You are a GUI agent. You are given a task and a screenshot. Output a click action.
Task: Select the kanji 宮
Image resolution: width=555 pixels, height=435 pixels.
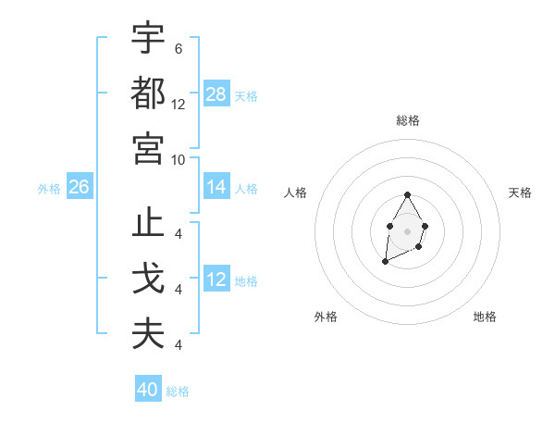pos(148,147)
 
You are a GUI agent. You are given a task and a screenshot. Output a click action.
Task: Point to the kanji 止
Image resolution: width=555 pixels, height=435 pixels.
pos(148,225)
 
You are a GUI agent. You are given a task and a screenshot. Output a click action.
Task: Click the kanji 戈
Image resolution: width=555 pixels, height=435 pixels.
pos(148,280)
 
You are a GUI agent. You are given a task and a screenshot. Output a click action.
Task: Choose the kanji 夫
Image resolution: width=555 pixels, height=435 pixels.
pos(148,334)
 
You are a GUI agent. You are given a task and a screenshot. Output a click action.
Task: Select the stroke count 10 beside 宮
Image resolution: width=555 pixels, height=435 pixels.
pos(179,158)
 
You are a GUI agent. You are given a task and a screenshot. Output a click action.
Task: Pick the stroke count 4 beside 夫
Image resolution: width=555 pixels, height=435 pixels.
pos(178,345)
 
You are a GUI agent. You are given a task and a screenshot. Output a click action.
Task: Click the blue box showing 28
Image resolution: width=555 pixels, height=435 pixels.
pos(216,94)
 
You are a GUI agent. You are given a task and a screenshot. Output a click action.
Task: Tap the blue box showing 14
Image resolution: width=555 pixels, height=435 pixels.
pos(216,187)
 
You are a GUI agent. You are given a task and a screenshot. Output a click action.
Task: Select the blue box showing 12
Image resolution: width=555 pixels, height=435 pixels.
pos(216,280)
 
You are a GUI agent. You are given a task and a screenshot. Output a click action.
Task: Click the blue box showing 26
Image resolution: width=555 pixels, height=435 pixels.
pos(79,187)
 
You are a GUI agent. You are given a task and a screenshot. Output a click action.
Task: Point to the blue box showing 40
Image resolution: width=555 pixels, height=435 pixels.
pos(148,390)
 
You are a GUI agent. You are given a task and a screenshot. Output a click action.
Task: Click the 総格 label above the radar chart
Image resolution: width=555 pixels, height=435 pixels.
pos(408,120)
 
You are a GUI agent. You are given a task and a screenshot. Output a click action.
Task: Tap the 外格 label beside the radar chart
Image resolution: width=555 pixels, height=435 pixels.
pos(326,317)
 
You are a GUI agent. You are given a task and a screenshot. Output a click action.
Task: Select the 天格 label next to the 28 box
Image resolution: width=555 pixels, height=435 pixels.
pos(246,95)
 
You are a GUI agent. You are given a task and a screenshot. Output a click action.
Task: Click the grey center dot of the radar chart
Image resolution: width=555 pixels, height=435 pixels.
pos(407,230)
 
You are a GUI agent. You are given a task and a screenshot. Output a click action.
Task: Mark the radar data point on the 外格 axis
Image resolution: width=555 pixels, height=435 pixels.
pos(385,262)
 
